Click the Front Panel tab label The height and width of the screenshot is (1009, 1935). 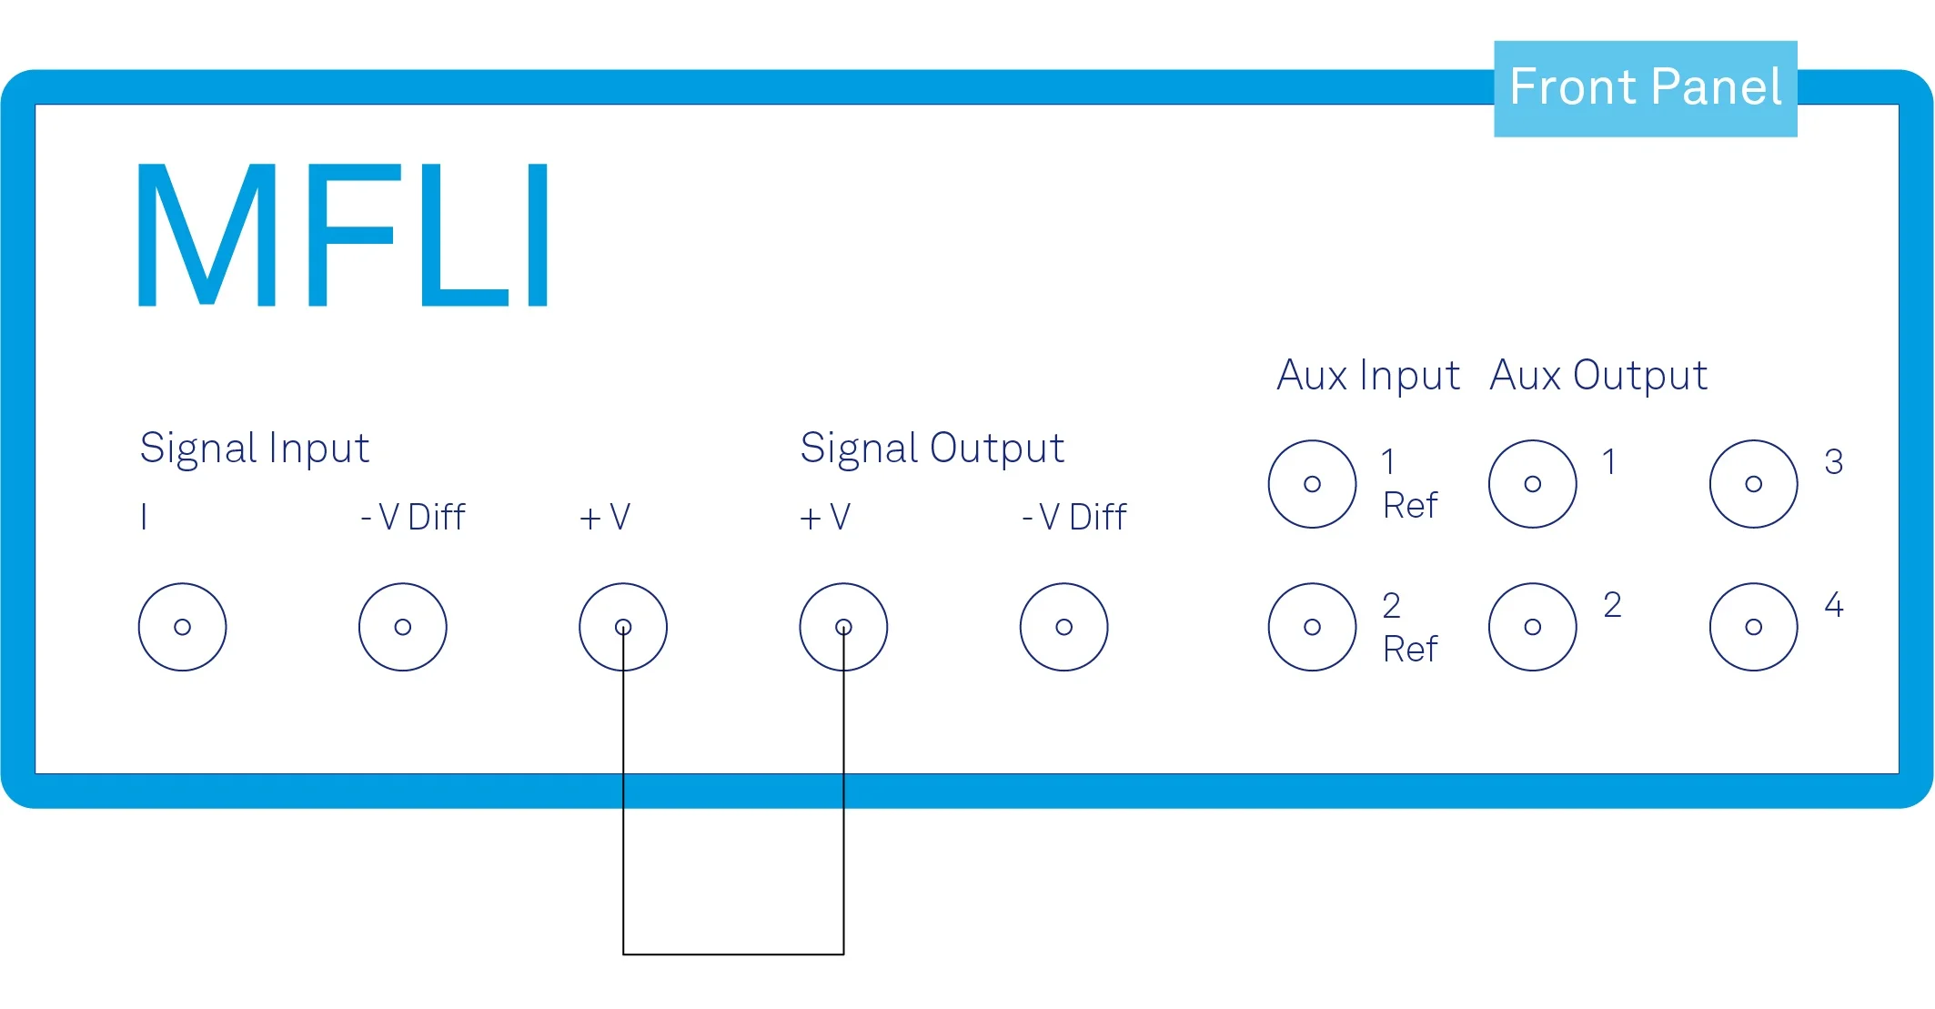click(x=1645, y=87)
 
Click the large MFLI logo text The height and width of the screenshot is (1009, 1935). click(x=343, y=235)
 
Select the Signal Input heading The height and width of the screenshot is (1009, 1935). click(x=255, y=449)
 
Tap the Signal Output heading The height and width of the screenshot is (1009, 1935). click(x=932, y=449)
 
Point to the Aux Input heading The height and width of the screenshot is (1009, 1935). click(x=1368, y=376)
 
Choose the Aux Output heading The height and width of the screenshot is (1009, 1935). click(x=1598, y=376)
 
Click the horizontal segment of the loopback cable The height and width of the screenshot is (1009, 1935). click(x=733, y=954)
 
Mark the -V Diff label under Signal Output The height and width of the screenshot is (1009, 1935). click(x=1074, y=518)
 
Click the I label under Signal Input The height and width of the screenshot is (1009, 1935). click(x=144, y=517)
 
